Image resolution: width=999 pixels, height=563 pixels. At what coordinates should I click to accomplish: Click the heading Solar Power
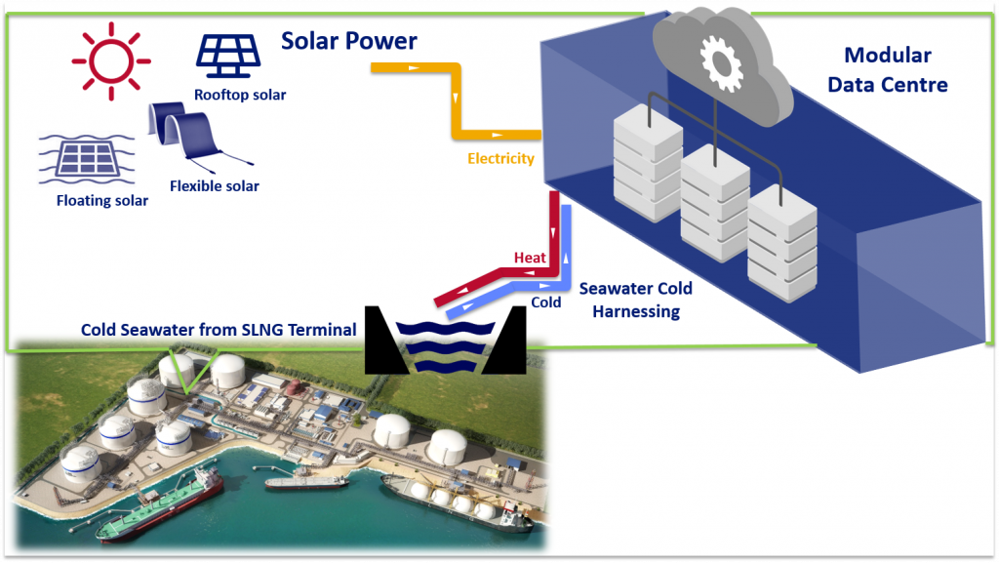348,41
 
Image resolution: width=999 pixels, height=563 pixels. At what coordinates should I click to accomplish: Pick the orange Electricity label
500,158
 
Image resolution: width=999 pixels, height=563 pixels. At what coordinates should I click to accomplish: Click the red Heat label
530,258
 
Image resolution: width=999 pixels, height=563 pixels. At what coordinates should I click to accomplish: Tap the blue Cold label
545,302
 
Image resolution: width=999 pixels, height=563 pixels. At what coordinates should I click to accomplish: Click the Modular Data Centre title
887,70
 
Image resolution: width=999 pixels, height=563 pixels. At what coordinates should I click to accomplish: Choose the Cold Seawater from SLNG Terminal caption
219,330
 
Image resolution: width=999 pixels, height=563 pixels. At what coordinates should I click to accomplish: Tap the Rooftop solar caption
239,95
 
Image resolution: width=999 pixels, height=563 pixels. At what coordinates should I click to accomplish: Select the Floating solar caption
102,200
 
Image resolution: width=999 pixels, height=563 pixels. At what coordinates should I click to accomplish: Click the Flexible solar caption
215,185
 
